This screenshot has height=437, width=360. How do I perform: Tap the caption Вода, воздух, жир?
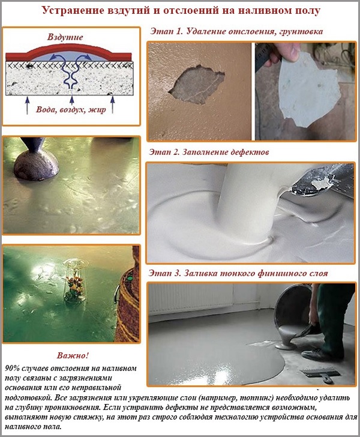(73, 110)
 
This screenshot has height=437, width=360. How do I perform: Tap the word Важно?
(71, 355)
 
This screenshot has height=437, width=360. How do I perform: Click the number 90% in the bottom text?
(11, 367)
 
